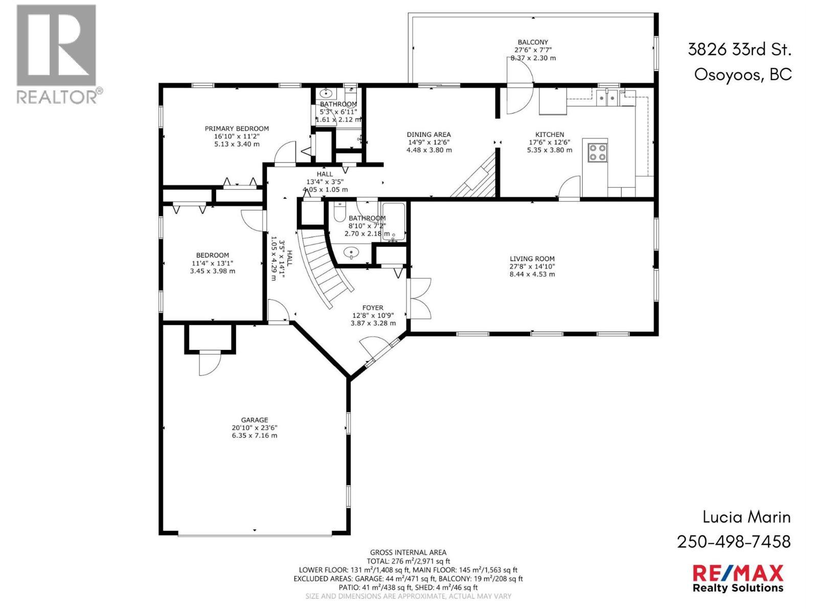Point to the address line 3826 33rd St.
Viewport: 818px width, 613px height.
coord(739,50)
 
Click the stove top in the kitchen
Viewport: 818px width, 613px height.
coord(597,153)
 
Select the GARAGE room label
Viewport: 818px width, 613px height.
coord(255,420)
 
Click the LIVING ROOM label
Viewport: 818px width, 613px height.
coord(532,258)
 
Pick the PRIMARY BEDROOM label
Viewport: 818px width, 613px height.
coord(237,129)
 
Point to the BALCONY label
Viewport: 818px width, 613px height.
coord(533,42)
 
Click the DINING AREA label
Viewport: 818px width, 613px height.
coord(428,135)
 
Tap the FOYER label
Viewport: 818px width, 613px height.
coord(373,308)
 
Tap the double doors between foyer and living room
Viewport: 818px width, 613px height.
coord(420,298)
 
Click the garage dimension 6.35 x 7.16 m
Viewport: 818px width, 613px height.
coord(255,435)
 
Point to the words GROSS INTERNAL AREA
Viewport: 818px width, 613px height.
coord(408,553)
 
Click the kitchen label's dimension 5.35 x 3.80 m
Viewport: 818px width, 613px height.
coord(550,150)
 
